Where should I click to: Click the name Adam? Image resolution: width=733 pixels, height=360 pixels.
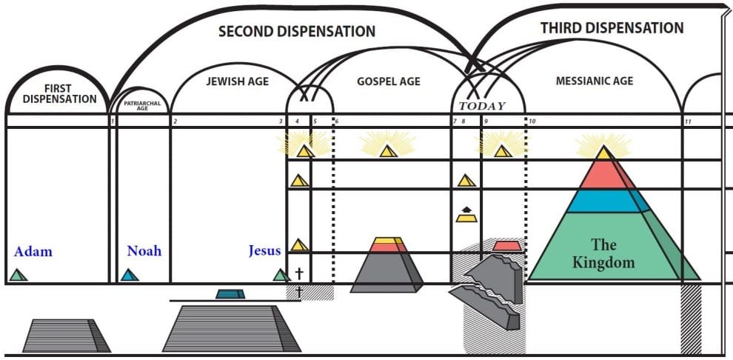pyautogui.click(x=33, y=251)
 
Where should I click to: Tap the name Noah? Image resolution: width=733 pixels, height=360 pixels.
pyautogui.click(x=144, y=250)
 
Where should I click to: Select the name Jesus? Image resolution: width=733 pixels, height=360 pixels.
pyautogui.click(x=264, y=250)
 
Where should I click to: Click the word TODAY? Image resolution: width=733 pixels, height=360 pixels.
pyautogui.click(x=481, y=105)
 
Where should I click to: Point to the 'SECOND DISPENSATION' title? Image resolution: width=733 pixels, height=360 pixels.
pyautogui.click(x=296, y=32)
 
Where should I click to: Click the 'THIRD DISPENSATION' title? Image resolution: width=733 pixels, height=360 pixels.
pyautogui.click(x=612, y=28)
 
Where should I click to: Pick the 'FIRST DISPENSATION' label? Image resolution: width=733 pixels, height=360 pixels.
pyautogui.click(x=59, y=93)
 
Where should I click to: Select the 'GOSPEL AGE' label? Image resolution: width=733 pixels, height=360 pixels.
pyautogui.click(x=389, y=81)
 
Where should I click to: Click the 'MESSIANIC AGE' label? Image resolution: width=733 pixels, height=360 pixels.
pyautogui.click(x=595, y=81)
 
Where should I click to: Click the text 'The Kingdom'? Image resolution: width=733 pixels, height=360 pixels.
pyautogui.click(x=603, y=253)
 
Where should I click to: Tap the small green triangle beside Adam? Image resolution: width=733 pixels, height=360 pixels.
pyautogui.click(x=19, y=275)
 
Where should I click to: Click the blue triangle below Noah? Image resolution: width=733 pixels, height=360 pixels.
pyautogui.click(x=130, y=275)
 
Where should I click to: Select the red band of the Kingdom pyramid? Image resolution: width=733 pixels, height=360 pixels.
pyautogui.click(x=605, y=175)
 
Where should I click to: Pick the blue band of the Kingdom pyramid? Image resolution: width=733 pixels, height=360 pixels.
pyautogui.click(x=605, y=201)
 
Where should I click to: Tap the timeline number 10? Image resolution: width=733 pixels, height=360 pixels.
pyautogui.click(x=532, y=121)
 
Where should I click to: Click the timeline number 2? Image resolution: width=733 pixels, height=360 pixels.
pyautogui.click(x=175, y=121)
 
